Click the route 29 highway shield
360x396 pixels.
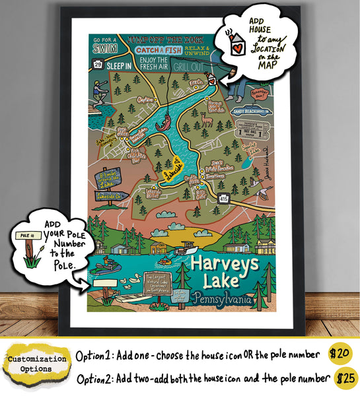click(x=98, y=64)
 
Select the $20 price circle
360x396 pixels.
click(x=340, y=353)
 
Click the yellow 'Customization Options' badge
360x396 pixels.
click(x=37, y=363)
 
